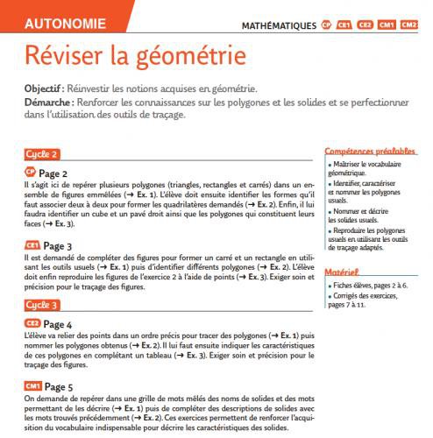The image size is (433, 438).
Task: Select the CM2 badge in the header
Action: tap(408, 25)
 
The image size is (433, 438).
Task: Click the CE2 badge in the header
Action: tap(365, 25)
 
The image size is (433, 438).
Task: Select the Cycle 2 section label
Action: tap(42, 154)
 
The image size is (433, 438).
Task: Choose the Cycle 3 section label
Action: tap(42, 305)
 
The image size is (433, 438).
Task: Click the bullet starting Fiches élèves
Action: tap(373, 286)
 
